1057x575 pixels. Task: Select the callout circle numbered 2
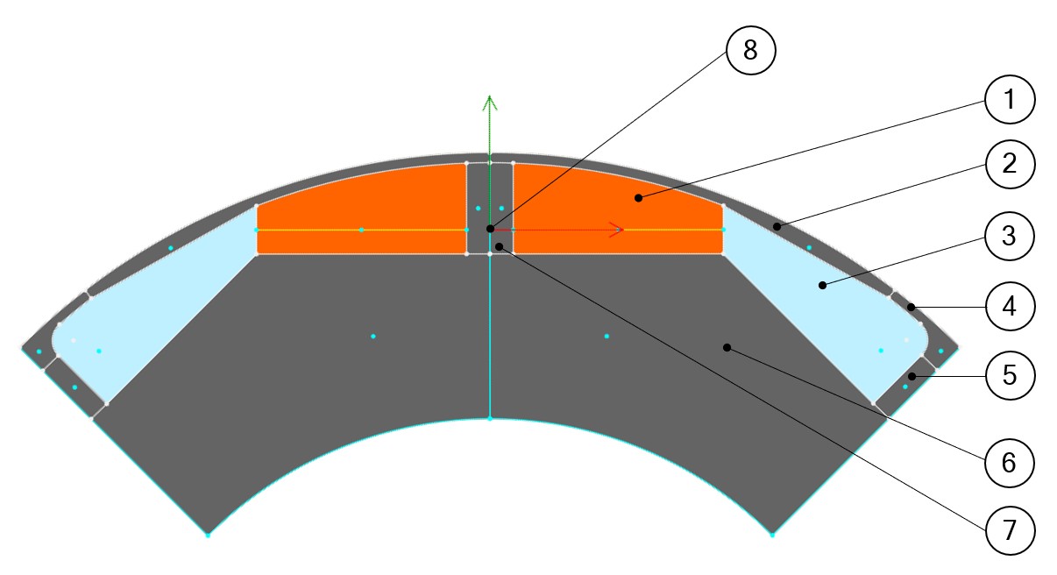tap(1010, 164)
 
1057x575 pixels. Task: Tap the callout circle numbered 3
tap(1010, 235)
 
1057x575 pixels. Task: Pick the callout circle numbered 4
tap(1010, 307)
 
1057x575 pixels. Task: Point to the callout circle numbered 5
tap(1010, 375)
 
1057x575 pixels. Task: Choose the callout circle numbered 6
tap(1010, 461)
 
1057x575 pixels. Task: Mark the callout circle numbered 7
tap(1010, 529)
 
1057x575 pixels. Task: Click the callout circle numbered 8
tap(750, 51)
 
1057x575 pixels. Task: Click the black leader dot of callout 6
tap(727, 348)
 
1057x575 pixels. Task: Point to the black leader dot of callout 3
tap(822, 285)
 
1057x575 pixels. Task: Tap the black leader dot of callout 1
tap(639, 198)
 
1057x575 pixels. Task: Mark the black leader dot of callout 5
tap(912, 377)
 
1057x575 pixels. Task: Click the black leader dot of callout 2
tap(777, 226)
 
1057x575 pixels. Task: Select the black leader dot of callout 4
tap(912, 307)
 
